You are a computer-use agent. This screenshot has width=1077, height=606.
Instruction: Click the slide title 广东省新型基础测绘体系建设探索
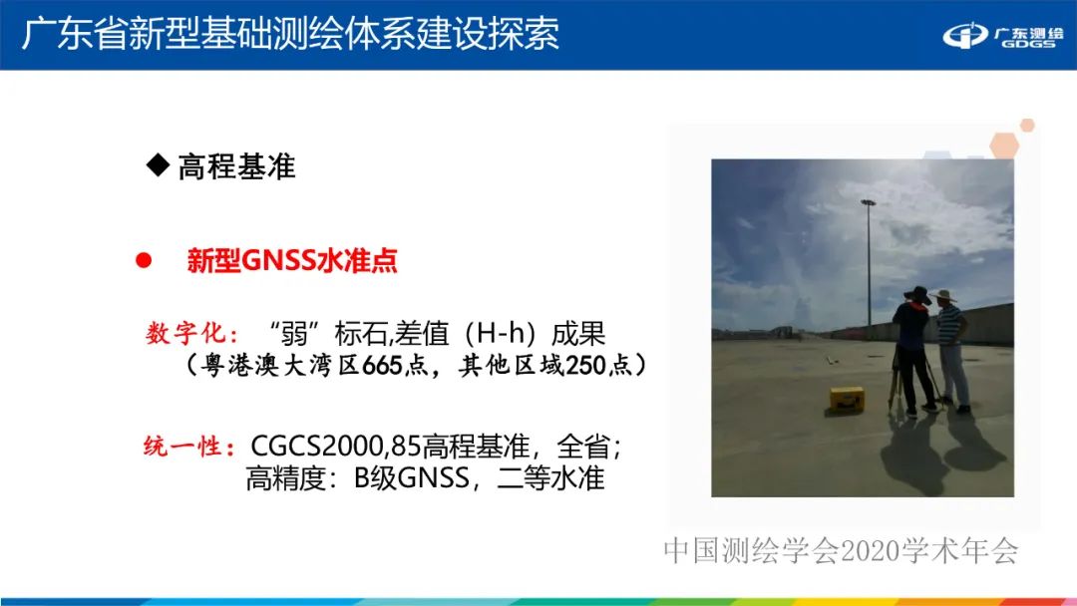tap(290, 33)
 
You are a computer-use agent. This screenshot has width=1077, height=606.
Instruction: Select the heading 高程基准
tap(236, 165)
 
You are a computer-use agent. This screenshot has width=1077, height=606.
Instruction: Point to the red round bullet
tap(143, 261)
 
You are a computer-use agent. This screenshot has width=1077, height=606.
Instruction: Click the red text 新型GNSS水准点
tap(292, 261)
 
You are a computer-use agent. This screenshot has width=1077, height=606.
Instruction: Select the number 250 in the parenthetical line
tap(585, 366)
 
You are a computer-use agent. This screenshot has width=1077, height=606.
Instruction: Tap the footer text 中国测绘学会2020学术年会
tap(842, 551)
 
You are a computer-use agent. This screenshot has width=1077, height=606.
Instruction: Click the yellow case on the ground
tap(844, 399)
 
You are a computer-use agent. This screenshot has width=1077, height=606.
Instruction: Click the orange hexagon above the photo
tap(1027, 126)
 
